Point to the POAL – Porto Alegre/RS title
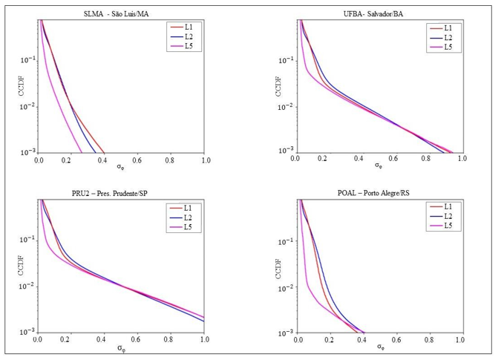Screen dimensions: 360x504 (x=379, y=193)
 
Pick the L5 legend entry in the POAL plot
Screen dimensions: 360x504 (x=448, y=226)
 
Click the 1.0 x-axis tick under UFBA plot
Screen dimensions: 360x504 (x=461, y=160)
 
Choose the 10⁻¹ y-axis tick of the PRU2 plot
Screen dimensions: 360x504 (x=28, y=240)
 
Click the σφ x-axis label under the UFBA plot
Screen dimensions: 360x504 (x=379, y=166)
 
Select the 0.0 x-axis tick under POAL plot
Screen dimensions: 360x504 (x=298, y=340)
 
